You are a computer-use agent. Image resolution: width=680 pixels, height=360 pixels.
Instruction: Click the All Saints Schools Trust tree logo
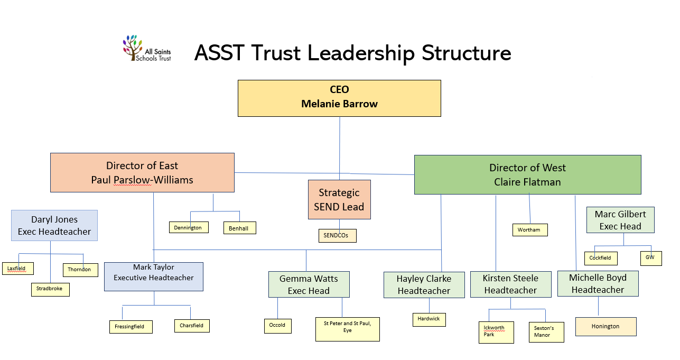(x=133, y=47)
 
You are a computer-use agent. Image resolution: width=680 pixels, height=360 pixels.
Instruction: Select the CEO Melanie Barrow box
(x=339, y=98)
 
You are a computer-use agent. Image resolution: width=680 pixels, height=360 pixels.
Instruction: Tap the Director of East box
(x=142, y=173)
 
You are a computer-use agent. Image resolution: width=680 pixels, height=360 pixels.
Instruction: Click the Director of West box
(x=527, y=174)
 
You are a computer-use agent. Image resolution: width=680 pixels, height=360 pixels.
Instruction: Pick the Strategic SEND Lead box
(x=339, y=199)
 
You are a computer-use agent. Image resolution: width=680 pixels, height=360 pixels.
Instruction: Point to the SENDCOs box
(x=337, y=236)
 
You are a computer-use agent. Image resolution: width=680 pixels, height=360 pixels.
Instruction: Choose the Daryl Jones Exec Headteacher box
(x=54, y=226)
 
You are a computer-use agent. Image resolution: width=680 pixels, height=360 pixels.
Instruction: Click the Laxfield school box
(x=17, y=269)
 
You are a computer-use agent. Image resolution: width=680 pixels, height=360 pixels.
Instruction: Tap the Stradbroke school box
(x=50, y=289)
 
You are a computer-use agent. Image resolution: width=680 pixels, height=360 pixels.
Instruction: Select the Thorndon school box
(x=80, y=270)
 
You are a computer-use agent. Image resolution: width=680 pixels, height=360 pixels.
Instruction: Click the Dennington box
(x=189, y=228)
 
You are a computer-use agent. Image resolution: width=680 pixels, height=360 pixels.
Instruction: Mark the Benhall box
(x=239, y=228)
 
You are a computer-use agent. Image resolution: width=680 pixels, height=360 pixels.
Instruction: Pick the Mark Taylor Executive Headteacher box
(x=154, y=276)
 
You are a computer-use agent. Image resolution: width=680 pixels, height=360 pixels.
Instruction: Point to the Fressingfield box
(x=131, y=327)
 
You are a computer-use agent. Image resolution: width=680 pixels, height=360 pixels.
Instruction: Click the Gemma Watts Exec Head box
(x=309, y=284)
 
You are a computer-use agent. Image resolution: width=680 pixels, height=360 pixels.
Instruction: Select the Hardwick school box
(x=429, y=319)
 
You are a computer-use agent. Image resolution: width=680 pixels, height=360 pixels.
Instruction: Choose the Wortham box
(x=529, y=230)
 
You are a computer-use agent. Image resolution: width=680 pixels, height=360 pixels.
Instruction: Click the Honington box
(x=606, y=326)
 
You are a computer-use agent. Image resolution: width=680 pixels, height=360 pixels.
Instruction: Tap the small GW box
(x=650, y=258)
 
